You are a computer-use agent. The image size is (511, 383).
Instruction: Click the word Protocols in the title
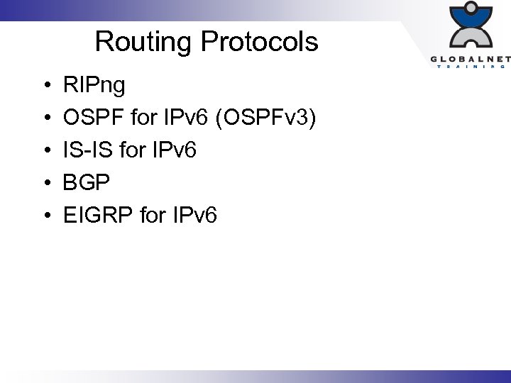259,42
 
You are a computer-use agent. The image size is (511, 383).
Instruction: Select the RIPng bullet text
94,87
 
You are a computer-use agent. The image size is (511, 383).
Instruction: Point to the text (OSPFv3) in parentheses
266,118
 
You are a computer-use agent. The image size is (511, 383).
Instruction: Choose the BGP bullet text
87,182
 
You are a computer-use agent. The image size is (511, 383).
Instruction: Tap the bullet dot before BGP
45,183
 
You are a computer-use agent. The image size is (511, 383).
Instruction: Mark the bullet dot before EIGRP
45,215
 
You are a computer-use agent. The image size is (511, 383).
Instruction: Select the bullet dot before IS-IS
45,151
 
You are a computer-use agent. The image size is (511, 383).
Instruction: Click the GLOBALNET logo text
469,59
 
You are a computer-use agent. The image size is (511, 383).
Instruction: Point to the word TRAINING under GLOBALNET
471,67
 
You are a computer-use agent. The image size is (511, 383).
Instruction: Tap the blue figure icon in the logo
471,26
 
